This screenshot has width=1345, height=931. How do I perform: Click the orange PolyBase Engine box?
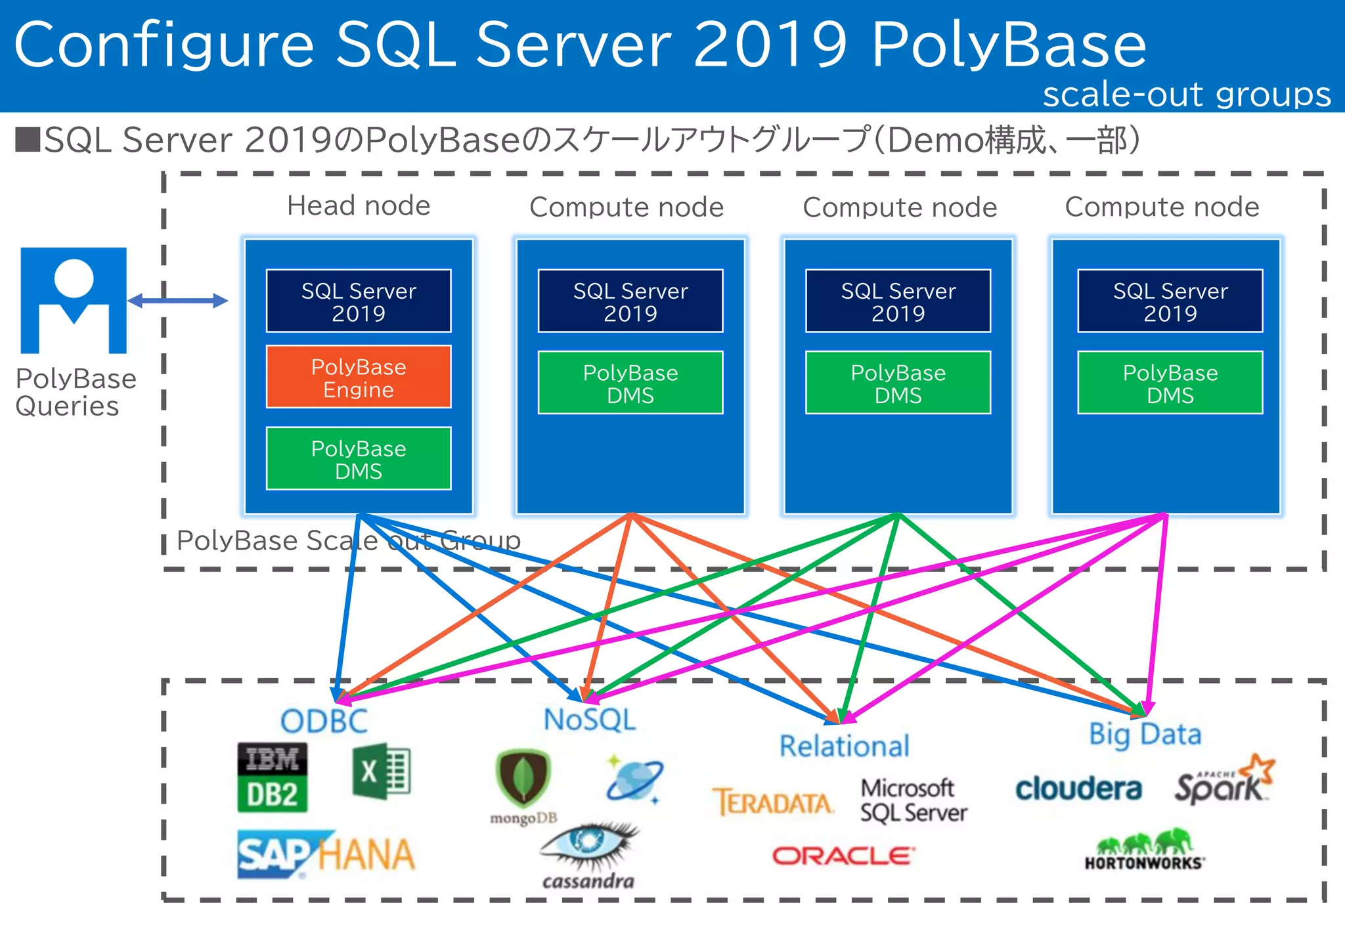pyautogui.click(x=359, y=377)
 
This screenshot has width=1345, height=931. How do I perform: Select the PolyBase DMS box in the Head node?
pyautogui.click(x=359, y=459)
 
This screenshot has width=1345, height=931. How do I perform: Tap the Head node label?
pyautogui.click(x=359, y=206)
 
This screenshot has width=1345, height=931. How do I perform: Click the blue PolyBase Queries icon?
pyautogui.click(x=74, y=301)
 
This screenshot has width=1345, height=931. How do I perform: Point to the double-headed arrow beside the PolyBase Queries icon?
pyautogui.click(x=177, y=301)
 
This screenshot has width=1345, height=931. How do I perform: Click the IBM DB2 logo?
pyautogui.click(x=272, y=777)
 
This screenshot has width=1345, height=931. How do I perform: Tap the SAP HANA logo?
pyautogui.click(x=326, y=854)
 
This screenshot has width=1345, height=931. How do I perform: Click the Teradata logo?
pyautogui.click(x=772, y=802)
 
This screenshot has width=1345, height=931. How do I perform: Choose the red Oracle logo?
pyautogui.click(x=843, y=855)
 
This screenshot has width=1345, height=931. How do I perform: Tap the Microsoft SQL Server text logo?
pyautogui.click(x=913, y=800)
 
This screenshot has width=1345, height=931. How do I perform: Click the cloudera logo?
pyautogui.click(x=1078, y=789)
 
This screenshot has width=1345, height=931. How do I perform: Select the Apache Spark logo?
pyautogui.click(x=1224, y=781)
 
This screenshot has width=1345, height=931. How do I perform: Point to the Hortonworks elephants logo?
pyautogui.click(x=1144, y=850)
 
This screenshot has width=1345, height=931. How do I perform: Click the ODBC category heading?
pyautogui.click(x=324, y=722)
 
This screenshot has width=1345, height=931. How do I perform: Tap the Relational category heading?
pyautogui.click(x=844, y=747)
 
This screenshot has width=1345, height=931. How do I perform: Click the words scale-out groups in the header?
pyautogui.click(x=1186, y=94)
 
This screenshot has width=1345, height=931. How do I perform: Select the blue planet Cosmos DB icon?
pyautogui.click(x=634, y=779)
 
